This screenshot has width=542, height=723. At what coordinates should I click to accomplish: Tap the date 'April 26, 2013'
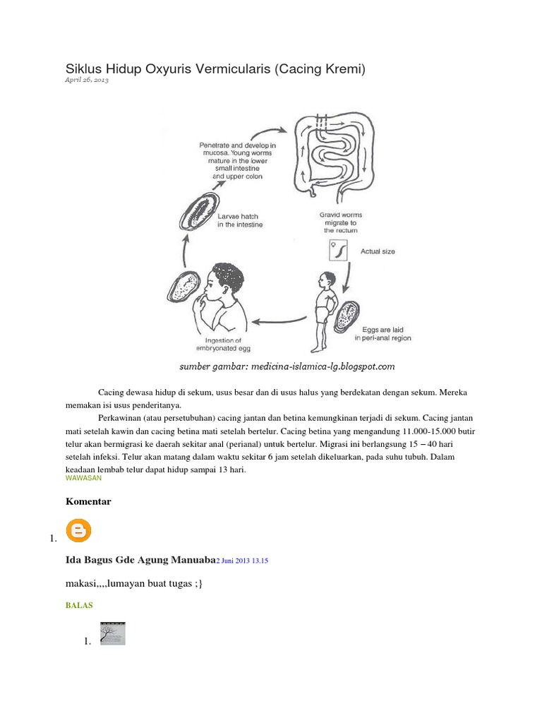[x=87, y=81]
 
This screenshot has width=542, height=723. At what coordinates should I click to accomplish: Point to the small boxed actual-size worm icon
[x=337, y=250]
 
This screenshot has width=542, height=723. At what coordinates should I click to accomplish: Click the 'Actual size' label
[x=378, y=251]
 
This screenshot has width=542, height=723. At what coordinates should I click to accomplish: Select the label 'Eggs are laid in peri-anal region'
[x=382, y=334]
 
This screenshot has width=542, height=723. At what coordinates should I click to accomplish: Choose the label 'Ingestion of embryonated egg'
[x=223, y=344]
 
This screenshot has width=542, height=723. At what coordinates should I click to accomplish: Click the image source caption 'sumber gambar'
[x=287, y=366]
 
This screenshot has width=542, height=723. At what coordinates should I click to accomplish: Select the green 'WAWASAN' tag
[x=83, y=477]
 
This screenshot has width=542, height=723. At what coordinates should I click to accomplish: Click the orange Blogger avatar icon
[x=78, y=531]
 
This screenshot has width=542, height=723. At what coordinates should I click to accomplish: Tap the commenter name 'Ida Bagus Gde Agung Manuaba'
[x=139, y=560]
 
